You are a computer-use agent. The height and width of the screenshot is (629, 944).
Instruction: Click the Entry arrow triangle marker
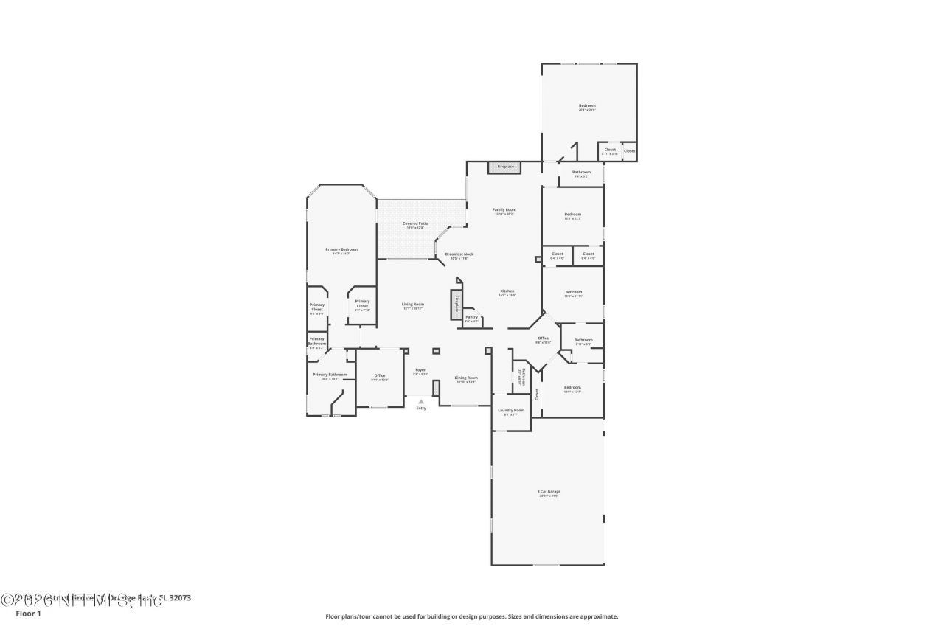coord(421,402)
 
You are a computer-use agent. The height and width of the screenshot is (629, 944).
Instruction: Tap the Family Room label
coord(504,209)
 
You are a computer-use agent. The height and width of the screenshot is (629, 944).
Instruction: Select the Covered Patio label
coord(414,223)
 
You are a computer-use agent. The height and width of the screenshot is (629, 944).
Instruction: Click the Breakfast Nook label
coord(459,254)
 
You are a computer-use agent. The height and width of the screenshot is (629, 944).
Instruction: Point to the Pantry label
coord(471,317)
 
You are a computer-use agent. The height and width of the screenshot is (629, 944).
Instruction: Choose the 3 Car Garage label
coord(548,491)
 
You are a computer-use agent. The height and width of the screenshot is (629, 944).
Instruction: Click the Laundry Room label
coord(510,410)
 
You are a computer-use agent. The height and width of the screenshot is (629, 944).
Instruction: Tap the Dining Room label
coord(466,378)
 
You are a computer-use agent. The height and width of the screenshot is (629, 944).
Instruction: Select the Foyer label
coord(420,369)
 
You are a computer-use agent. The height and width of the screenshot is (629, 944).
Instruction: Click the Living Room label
coord(412,304)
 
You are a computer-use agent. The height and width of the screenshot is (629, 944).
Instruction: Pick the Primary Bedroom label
coord(341,249)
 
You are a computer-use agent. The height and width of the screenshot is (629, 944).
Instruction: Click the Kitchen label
coord(507,291)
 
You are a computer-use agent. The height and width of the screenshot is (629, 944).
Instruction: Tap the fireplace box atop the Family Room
coord(504,167)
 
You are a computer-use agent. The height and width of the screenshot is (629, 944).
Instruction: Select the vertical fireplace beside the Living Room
coord(456,304)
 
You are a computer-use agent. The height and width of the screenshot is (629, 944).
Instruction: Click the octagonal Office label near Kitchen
coord(543,338)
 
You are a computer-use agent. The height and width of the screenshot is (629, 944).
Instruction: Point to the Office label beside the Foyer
coord(379,375)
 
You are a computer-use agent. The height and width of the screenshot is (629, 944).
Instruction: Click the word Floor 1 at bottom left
coord(28,614)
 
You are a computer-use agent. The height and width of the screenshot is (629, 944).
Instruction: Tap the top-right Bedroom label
coord(586,105)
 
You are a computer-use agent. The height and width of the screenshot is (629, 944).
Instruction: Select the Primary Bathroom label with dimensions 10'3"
coord(330,374)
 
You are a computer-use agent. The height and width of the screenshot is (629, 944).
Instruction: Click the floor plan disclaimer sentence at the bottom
coord(472,616)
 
